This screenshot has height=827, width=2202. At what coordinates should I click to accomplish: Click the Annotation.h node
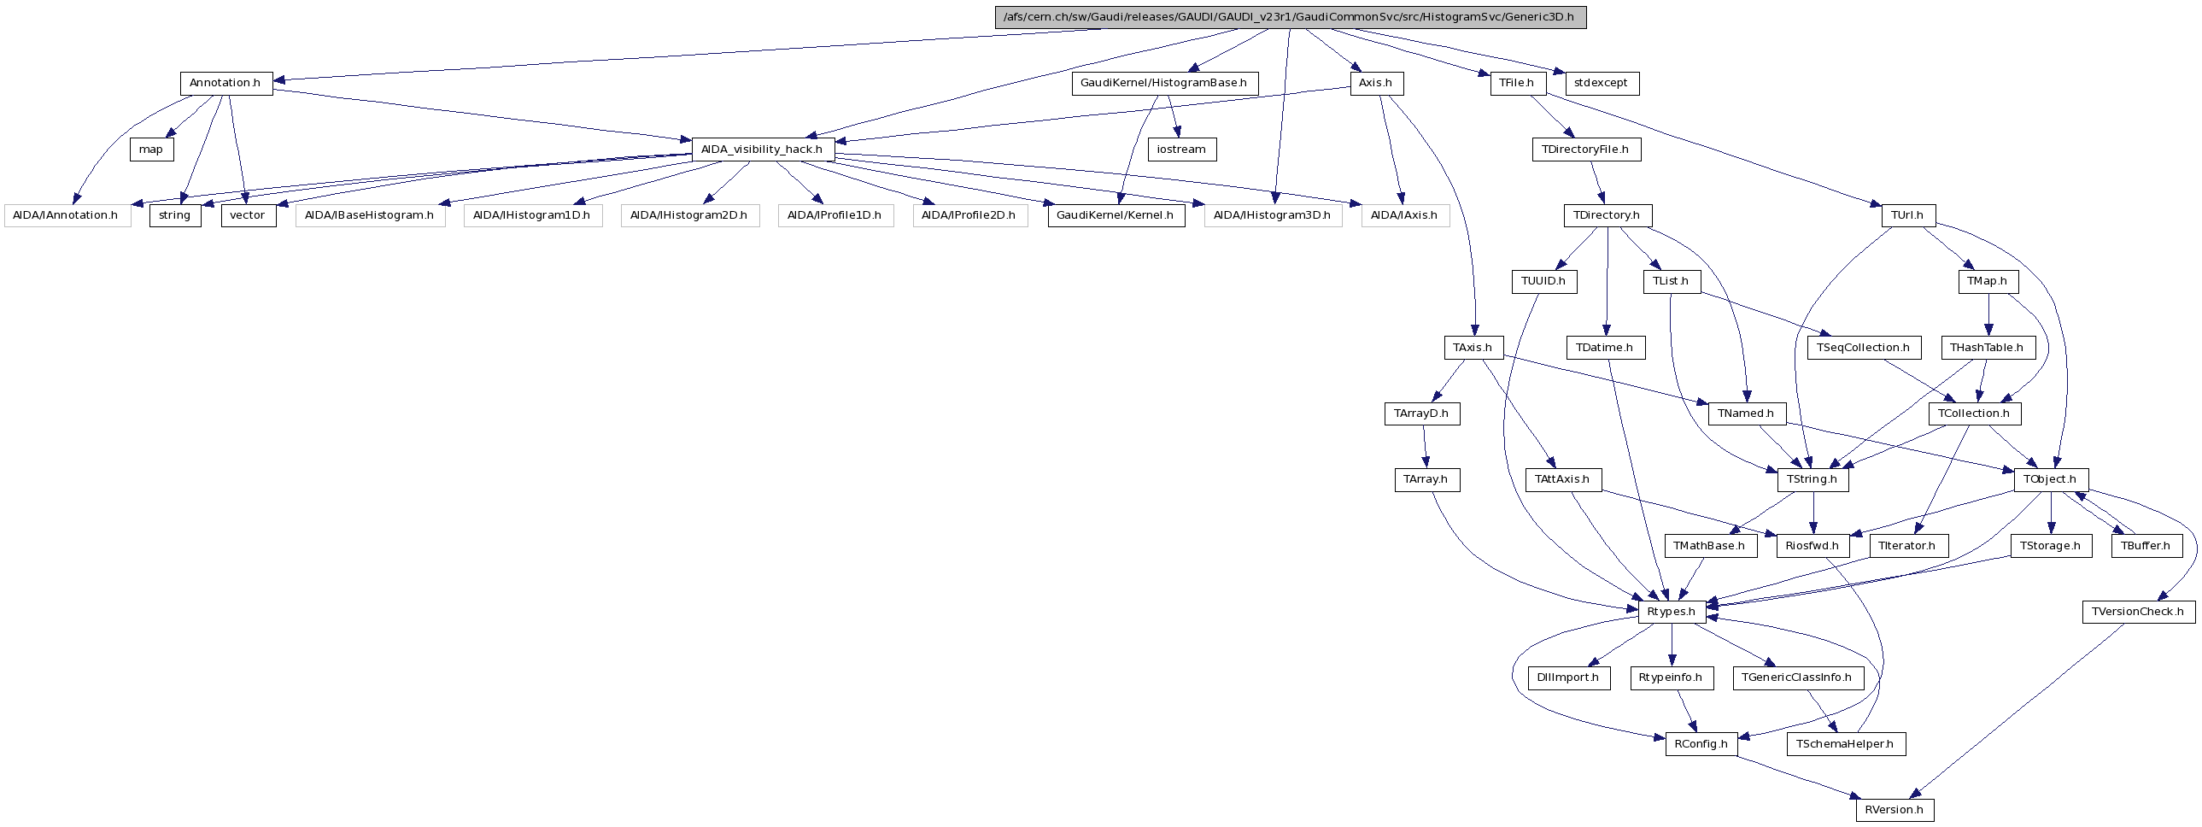point(225,84)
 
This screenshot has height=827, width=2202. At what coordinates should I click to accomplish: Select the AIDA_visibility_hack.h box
point(762,150)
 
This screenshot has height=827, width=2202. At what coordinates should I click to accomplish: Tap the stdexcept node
point(1601,84)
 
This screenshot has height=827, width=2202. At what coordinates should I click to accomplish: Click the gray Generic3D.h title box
point(1290,17)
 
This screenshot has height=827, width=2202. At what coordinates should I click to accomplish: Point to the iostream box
point(1181,150)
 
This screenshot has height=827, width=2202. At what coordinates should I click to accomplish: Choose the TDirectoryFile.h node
point(1585,150)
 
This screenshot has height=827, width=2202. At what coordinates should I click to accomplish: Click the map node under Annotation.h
point(151,150)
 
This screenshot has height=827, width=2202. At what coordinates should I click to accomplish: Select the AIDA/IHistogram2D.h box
point(689,215)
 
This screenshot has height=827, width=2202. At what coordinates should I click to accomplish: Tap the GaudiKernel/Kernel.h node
point(1116,215)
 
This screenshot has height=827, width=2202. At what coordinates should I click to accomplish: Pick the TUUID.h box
point(1543,281)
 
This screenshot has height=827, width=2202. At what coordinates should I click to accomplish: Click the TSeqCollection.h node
point(1864,348)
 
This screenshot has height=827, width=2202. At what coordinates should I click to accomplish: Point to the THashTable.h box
point(1988,348)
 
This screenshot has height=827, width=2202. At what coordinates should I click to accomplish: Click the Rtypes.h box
point(1672,613)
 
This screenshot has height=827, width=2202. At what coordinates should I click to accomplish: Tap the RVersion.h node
point(1895,810)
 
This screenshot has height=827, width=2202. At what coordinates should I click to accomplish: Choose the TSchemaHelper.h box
point(1845,744)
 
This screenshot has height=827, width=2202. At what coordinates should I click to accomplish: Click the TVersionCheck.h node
point(2137,613)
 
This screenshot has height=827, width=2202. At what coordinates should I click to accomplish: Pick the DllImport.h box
point(1567,678)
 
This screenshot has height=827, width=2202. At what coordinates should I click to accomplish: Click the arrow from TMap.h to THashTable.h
point(1988,314)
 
